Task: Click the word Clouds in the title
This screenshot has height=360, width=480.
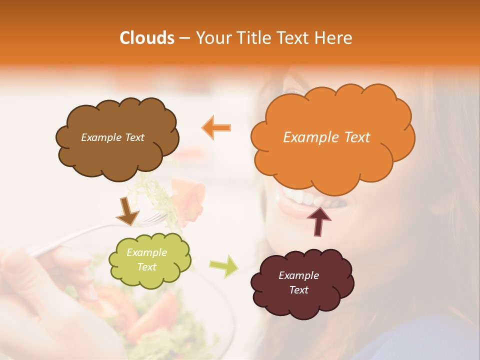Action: (x=147, y=38)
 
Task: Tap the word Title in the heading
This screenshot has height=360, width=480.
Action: (x=248, y=38)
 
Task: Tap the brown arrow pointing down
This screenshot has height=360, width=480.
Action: (x=127, y=211)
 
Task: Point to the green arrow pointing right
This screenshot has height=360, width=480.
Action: (x=224, y=265)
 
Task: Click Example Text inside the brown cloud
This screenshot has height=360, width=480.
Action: (x=112, y=137)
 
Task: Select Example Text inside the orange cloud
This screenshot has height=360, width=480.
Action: (x=326, y=137)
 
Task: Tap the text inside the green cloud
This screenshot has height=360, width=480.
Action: (x=146, y=260)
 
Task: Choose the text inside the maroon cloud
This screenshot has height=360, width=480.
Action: (x=298, y=282)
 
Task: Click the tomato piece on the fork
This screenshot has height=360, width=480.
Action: (x=189, y=196)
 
